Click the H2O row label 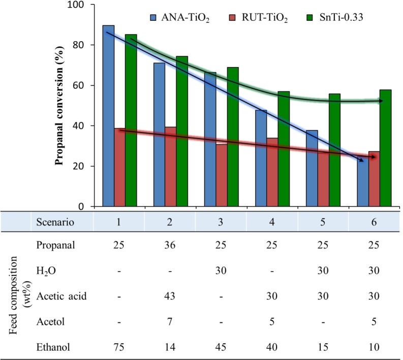pyautogui.click(x=48, y=271)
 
